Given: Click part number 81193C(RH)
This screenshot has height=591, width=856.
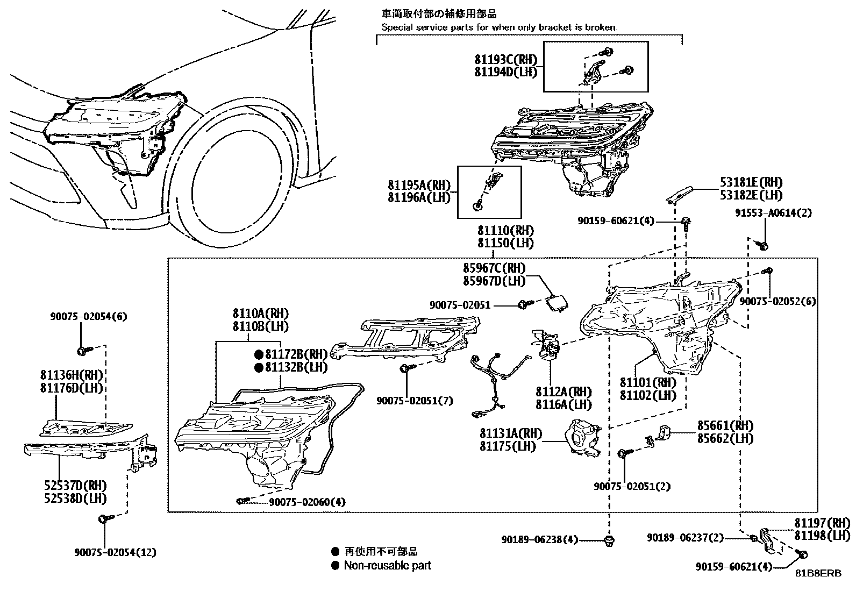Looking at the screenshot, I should click(x=505, y=60).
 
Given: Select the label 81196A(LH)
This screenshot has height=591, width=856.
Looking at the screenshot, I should click(x=418, y=198).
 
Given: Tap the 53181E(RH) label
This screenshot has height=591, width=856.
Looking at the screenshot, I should click(x=751, y=183).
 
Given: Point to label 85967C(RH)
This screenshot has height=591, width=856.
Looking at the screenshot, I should click(x=494, y=268).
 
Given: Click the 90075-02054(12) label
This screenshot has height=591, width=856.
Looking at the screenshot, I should click(x=116, y=552).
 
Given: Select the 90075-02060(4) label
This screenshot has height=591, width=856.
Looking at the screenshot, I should click(x=307, y=502).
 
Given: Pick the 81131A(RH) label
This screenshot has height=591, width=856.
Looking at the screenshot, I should click(x=511, y=433).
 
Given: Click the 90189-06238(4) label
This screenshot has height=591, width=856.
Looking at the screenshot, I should click(x=539, y=539).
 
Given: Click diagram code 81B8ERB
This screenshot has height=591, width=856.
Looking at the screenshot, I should click(x=819, y=573).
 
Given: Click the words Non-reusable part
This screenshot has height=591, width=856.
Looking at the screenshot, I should click(x=387, y=565).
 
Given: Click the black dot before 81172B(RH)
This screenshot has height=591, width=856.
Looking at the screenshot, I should click(x=259, y=354).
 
